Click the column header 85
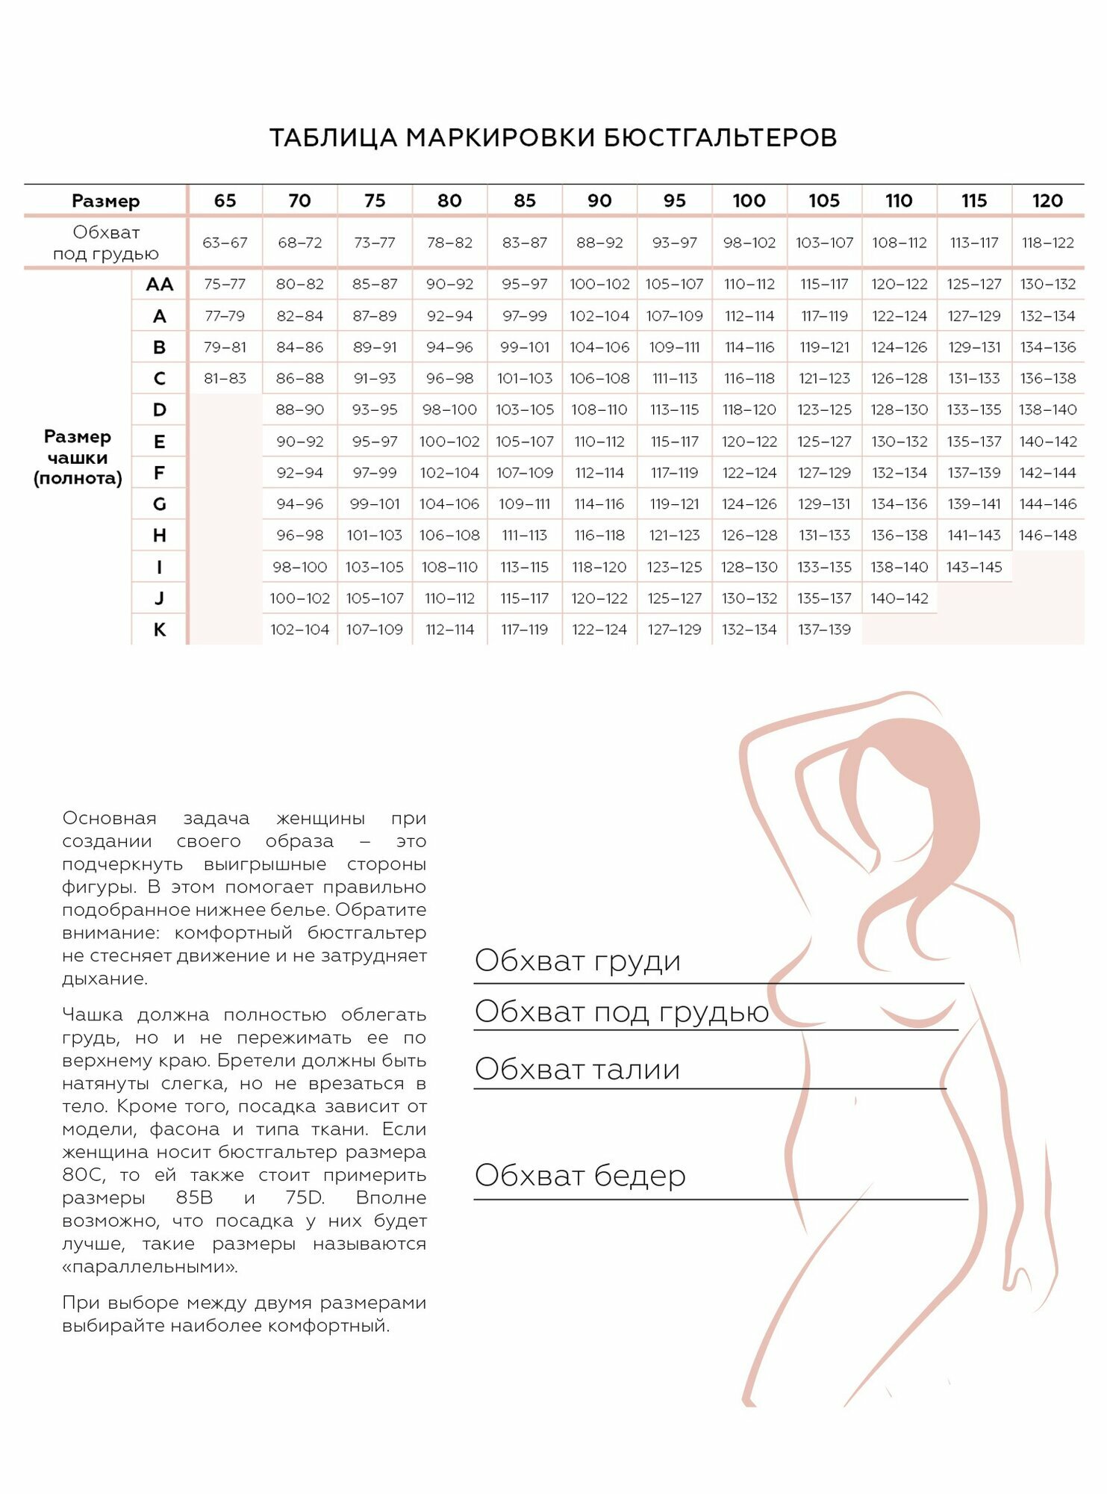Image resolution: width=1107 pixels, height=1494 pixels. pos(524,200)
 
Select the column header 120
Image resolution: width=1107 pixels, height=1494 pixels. pos(1047,200)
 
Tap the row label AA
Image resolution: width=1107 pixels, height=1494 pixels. pos(160,285)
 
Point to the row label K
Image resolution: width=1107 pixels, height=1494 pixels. pos(160,630)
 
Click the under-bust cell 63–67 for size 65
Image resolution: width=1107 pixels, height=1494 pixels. pos(225,243)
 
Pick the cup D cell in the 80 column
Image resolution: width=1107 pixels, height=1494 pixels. pos(449,409)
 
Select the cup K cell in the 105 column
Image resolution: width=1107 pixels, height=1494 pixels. pos(824,630)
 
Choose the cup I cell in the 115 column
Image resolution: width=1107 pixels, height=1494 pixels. pos(973,567)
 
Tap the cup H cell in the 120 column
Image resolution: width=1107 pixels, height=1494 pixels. pos(1047,535)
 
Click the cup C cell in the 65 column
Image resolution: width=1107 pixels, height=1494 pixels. pos(225,379)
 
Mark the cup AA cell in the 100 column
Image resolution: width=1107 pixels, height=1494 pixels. pos(749,285)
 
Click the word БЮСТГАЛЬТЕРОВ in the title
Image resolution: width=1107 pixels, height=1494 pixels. pos(720,138)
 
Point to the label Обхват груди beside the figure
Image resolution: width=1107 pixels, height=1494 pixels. pos(577,961)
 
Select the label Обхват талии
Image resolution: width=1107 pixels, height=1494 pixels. pos(577,1069)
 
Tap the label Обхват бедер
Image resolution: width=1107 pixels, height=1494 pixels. pos(580,1176)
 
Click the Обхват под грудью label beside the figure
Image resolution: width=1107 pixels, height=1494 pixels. pos(621,1011)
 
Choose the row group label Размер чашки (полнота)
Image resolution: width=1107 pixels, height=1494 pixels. pos(78,457)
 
